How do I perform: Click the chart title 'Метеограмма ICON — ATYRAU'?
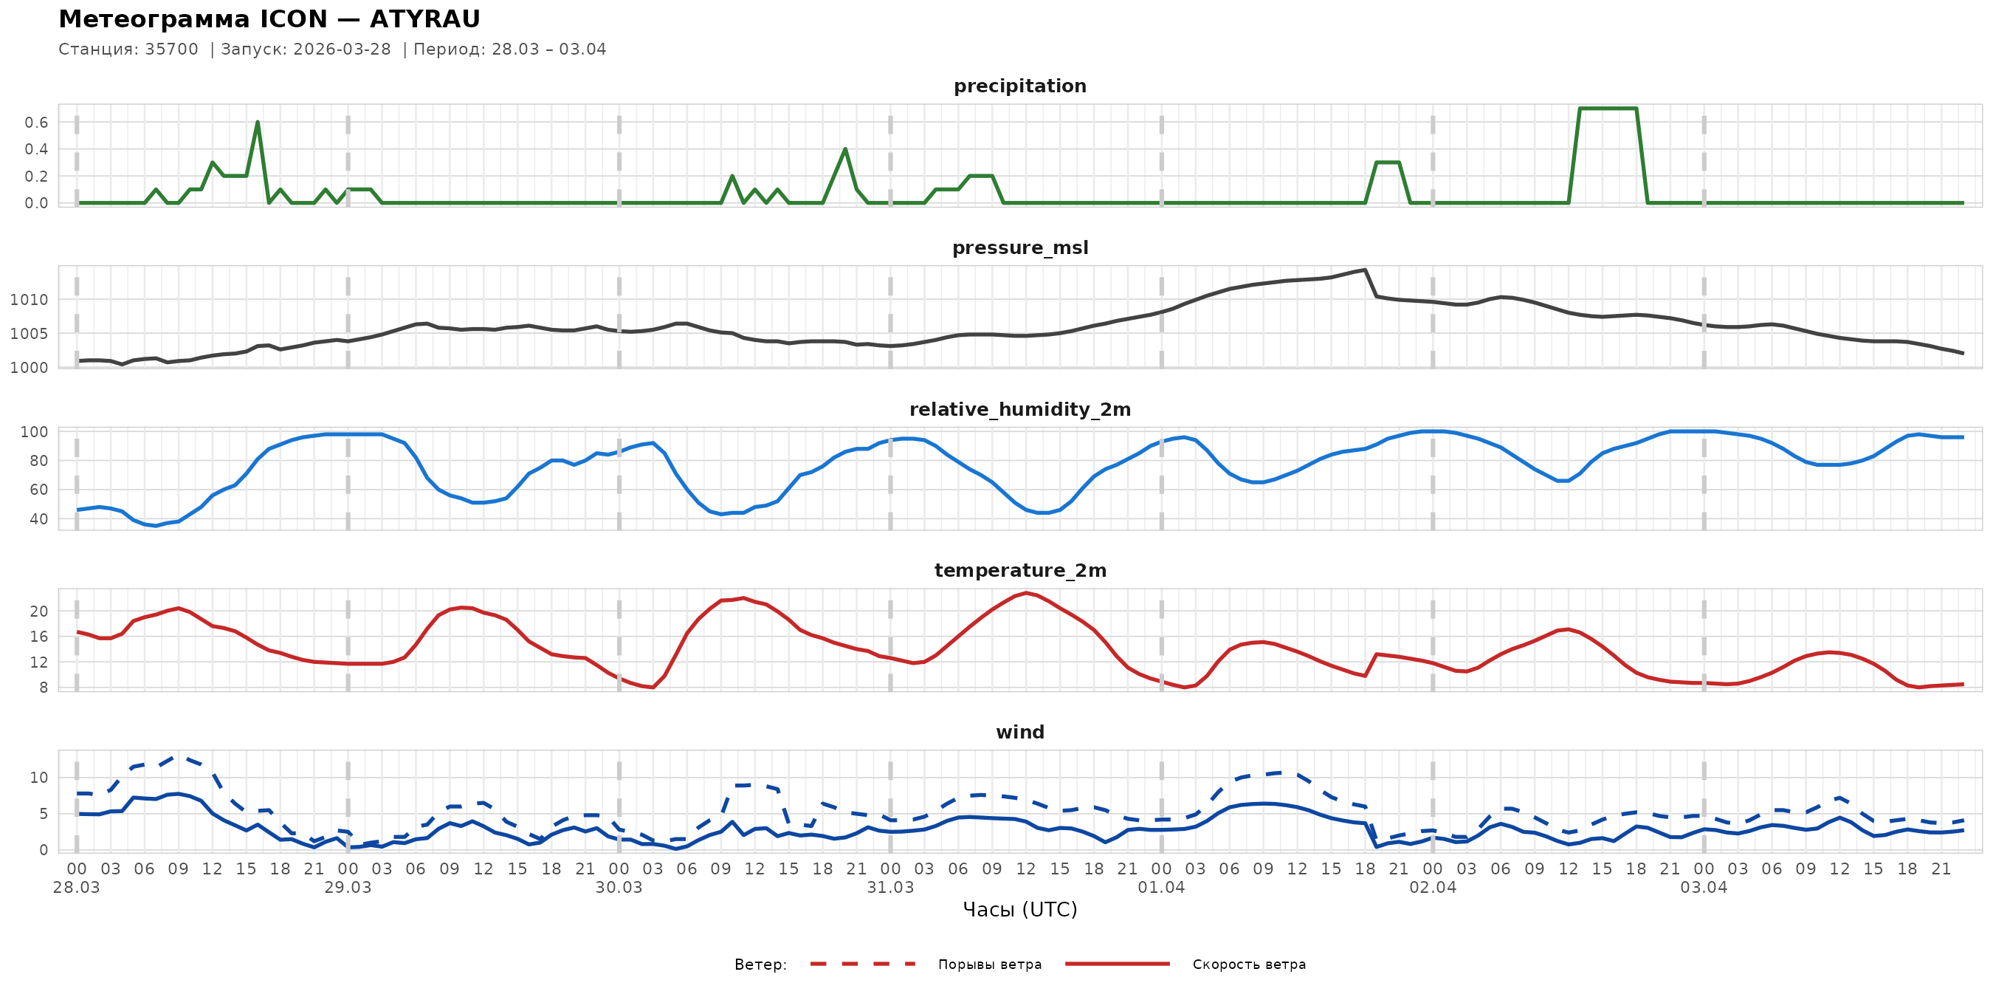click(269, 18)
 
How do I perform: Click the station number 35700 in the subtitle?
click(171, 49)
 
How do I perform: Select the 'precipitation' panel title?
click(1019, 86)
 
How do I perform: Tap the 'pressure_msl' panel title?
click(1019, 247)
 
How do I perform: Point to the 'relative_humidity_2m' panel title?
click(1019, 409)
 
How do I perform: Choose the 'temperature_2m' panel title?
click(1019, 570)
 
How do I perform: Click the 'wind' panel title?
click(1019, 733)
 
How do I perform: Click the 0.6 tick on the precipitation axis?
click(36, 123)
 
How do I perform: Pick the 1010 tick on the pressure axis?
click(30, 300)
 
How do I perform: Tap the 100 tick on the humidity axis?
click(34, 432)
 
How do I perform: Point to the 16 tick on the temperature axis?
click(38, 637)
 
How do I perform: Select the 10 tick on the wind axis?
click(38, 777)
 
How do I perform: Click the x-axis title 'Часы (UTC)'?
click(1019, 910)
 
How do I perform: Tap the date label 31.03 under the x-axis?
click(890, 888)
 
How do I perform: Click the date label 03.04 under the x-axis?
click(1704, 888)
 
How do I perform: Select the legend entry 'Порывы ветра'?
click(990, 965)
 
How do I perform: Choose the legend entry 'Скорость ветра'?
click(1249, 965)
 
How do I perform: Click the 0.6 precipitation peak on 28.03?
click(258, 123)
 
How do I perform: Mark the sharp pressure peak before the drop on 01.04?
click(1365, 270)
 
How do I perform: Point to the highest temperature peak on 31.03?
click(1026, 593)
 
